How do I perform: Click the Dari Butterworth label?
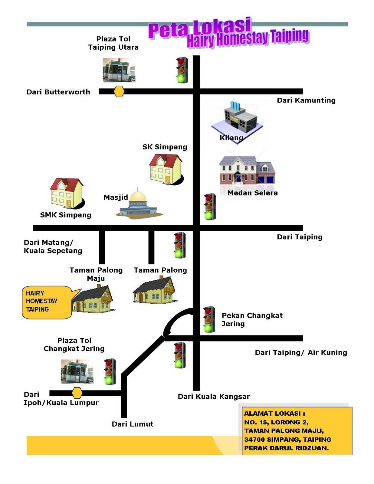point(58,92)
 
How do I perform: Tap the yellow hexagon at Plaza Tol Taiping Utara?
point(119,91)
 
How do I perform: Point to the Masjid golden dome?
point(138,196)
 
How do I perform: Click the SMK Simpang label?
point(66,215)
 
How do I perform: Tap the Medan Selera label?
point(252,193)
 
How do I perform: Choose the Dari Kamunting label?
point(306,100)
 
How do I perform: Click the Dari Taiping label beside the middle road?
point(300,237)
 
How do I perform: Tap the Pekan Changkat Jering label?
point(252,319)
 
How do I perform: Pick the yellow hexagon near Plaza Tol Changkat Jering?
point(77,393)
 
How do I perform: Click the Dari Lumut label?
point(133,424)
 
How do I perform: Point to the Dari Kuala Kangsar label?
point(214,397)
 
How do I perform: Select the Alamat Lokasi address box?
point(297,430)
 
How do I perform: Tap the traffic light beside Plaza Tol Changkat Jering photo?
point(110,371)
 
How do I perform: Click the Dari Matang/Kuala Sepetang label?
point(53,247)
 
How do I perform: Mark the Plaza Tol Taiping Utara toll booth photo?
point(119,70)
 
